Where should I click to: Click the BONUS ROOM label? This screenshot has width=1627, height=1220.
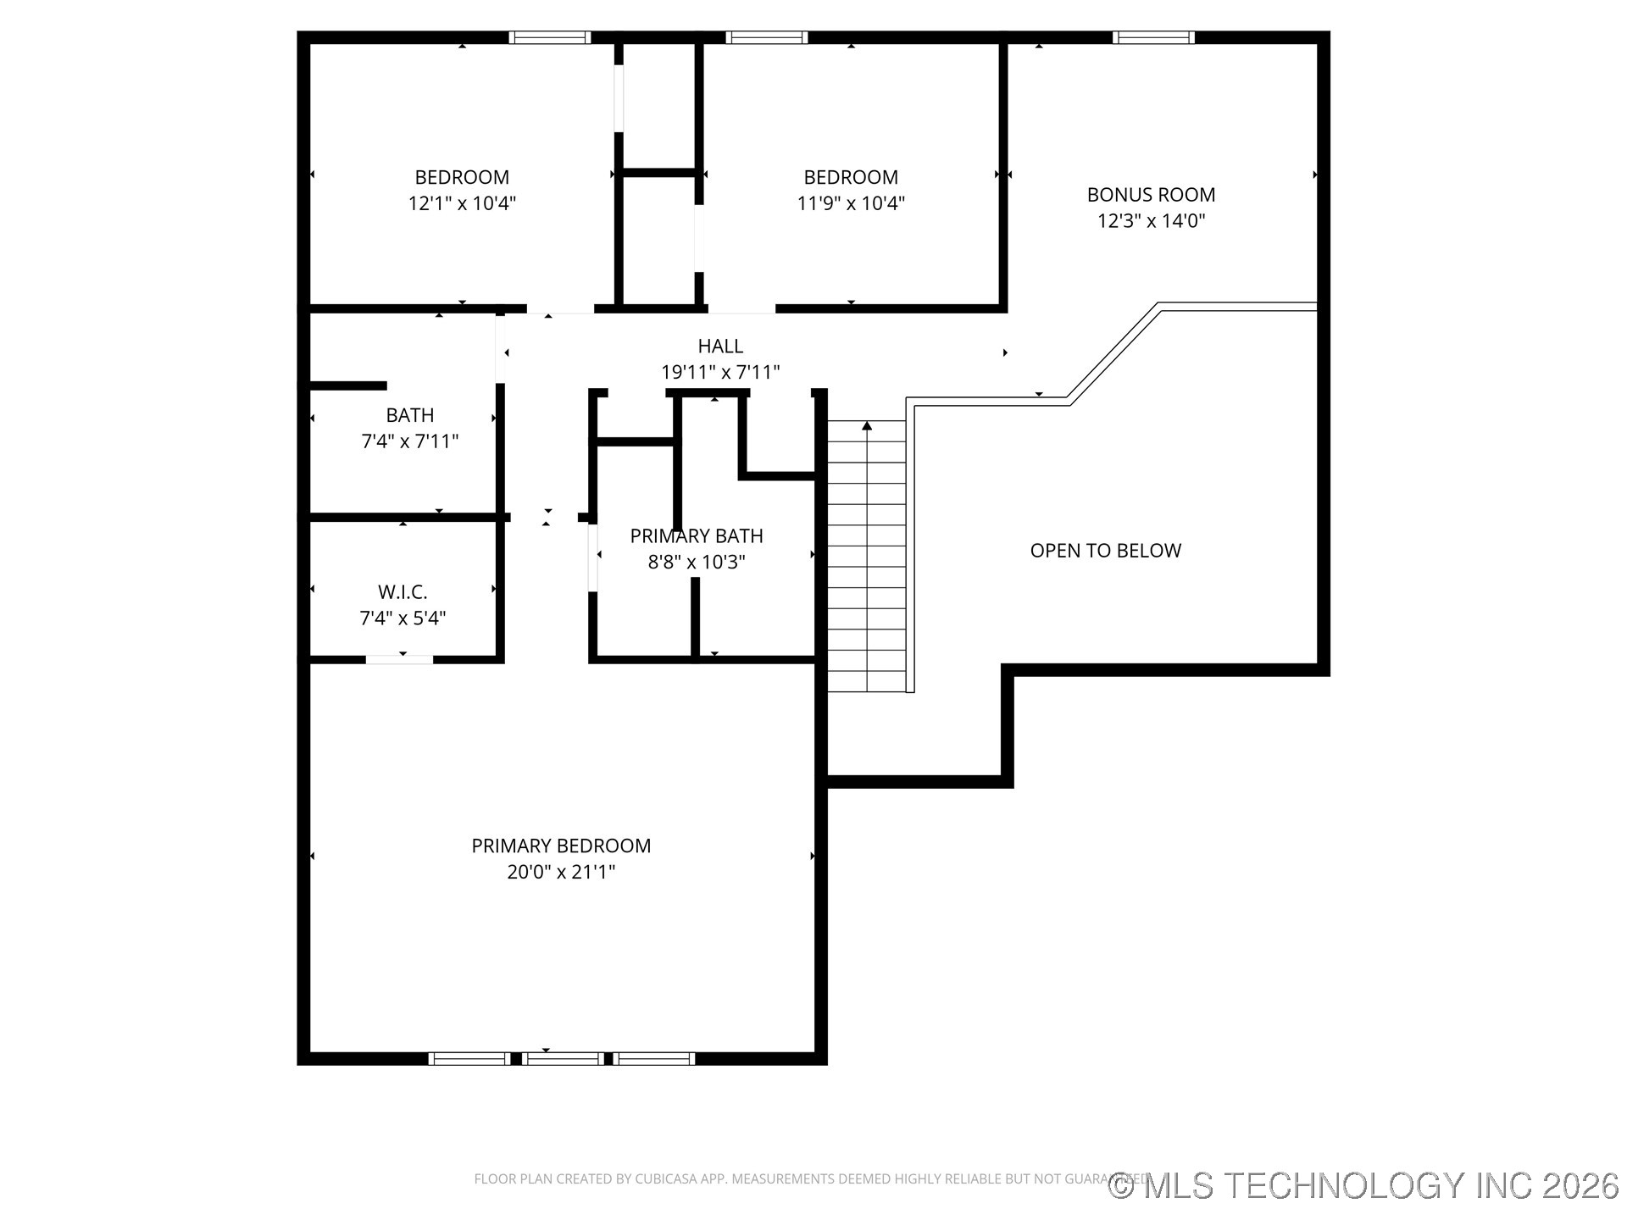pyautogui.click(x=1151, y=195)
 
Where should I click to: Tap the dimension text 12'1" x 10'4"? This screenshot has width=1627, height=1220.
pyautogui.click(x=462, y=204)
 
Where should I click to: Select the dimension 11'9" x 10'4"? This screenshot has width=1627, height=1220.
pyautogui.click(x=851, y=204)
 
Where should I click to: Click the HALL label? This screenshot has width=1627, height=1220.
pyautogui.click(x=720, y=346)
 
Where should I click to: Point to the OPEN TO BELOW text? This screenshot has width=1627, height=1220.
pyautogui.click(x=1105, y=551)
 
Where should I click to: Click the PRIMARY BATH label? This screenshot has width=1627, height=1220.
pyautogui.click(x=697, y=536)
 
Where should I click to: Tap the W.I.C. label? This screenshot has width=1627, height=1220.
pyautogui.click(x=403, y=592)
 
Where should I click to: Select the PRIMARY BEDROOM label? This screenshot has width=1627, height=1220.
pyautogui.click(x=561, y=846)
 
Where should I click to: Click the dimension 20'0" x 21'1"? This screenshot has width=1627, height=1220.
pyautogui.click(x=561, y=872)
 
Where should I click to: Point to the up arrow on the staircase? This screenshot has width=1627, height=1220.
pyautogui.click(x=867, y=426)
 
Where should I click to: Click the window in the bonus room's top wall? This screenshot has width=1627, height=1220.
pyautogui.click(x=1153, y=37)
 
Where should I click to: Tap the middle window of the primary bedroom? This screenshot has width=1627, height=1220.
pyautogui.click(x=563, y=1058)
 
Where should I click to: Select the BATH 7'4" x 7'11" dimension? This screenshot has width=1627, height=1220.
pyautogui.click(x=410, y=441)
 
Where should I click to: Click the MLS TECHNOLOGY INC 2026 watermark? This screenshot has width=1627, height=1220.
pyautogui.click(x=1364, y=1185)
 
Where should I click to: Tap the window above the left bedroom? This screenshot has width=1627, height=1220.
pyautogui.click(x=549, y=37)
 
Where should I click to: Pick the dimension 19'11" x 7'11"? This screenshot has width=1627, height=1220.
pyautogui.click(x=720, y=372)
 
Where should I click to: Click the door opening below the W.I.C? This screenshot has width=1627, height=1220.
pyautogui.click(x=399, y=659)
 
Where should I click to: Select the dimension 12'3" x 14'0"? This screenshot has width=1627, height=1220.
pyautogui.click(x=1151, y=221)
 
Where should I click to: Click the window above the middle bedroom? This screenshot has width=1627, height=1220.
pyautogui.click(x=767, y=37)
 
